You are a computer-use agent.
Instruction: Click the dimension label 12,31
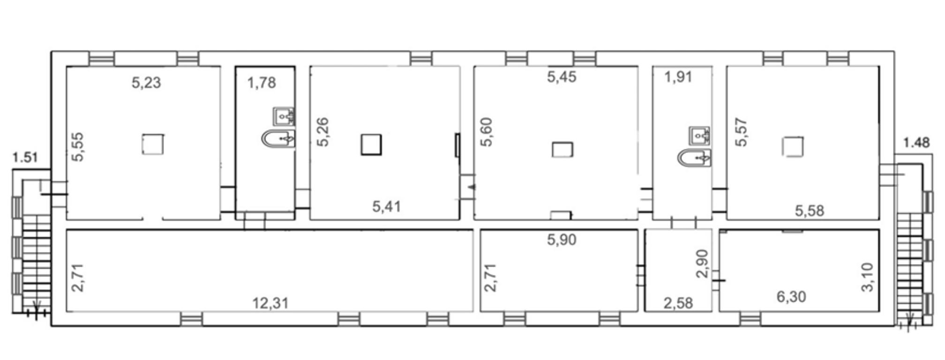click(270, 303)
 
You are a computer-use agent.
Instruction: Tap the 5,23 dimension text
click(146, 82)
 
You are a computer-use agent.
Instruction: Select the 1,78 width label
click(262, 83)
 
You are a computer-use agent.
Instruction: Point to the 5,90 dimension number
click(562, 240)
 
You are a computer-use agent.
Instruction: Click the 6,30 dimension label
click(791, 297)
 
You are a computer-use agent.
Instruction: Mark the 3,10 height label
click(868, 277)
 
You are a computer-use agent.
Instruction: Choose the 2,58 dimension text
click(678, 303)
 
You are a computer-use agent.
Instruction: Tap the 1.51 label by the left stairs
click(25, 157)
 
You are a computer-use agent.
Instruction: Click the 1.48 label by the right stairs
click(916, 142)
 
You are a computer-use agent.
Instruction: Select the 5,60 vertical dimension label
click(487, 132)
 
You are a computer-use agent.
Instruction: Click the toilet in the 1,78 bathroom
click(278, 139)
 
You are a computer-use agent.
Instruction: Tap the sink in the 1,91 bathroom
click(699, 136)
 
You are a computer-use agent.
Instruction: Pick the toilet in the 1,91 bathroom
click(694, 158)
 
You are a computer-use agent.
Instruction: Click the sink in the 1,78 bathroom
click(284, 116)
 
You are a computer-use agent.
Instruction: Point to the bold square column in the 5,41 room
click(371, 144)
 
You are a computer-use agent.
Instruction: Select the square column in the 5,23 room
click(153, 144)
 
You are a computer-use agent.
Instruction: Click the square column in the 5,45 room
click(562, 150)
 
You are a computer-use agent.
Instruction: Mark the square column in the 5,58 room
click(793, 147)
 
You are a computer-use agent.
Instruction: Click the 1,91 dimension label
click(678, 76)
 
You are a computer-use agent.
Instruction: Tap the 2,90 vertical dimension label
click(702, 263)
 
